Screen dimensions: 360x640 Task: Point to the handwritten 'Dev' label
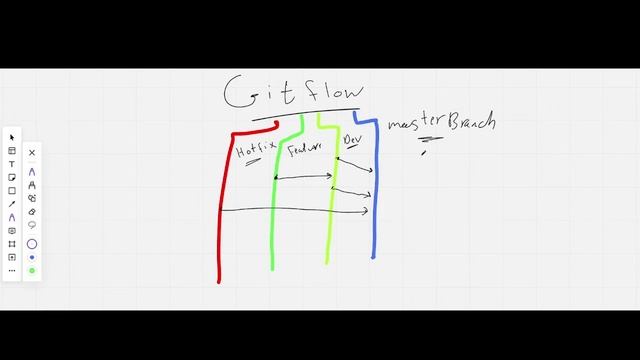351,140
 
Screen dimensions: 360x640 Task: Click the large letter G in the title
243,93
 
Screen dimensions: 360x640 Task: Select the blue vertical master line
374,200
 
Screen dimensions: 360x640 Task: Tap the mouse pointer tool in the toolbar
12,138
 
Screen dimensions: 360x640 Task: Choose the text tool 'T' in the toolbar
12,164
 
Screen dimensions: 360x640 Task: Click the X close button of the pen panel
32,153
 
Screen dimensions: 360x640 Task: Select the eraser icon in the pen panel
32,212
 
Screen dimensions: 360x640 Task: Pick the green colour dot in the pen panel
32,270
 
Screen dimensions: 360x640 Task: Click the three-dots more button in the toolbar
12,270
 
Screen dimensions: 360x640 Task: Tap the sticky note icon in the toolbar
12,177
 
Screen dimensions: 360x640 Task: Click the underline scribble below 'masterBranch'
431,140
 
